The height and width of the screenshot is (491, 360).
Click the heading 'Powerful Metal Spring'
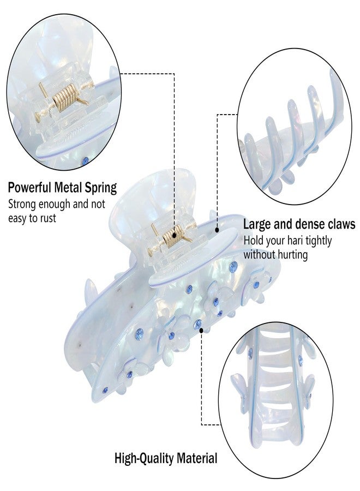[62, 188]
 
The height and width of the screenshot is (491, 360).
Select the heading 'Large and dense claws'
[299, 224]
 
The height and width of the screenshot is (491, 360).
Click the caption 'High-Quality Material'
[166, 458]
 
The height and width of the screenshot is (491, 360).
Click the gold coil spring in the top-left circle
[65, 96]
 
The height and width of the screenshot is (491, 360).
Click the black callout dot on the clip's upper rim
[217, 230]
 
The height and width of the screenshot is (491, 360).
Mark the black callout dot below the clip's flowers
[201, 330]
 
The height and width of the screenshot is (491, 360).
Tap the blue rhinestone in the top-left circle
[85, 161]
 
